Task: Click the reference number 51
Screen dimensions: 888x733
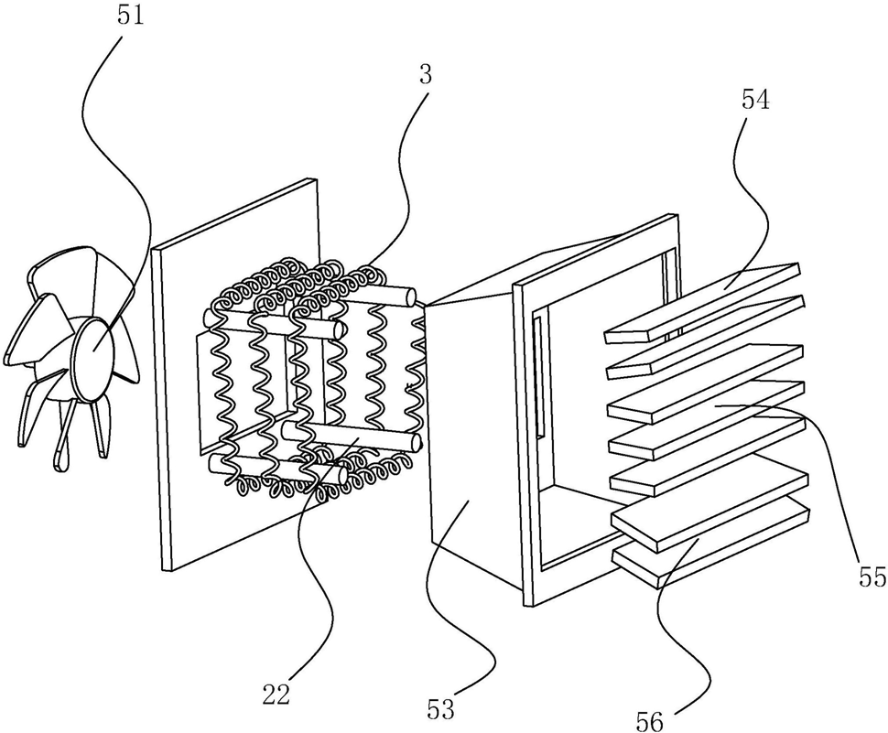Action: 131,15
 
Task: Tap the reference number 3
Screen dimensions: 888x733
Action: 426,75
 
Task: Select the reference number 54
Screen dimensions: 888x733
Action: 755,100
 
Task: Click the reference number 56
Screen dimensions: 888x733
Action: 649,722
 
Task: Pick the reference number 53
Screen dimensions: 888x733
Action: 440,708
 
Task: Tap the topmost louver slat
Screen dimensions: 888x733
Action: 702,303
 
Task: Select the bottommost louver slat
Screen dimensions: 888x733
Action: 711,543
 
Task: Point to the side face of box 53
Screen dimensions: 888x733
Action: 474,447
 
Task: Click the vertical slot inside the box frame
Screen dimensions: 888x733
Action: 538,376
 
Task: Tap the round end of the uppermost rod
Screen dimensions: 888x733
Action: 409,296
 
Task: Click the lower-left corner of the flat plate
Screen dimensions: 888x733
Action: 163,570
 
